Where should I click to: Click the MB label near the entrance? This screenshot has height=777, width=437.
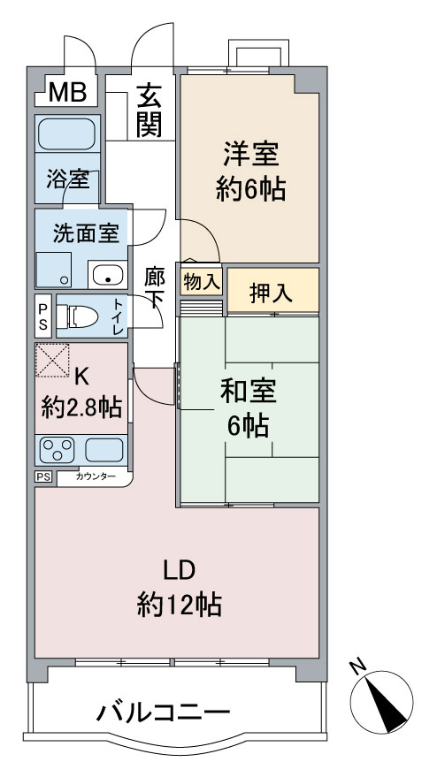tap(67, 92)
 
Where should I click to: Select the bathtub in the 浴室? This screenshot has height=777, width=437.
tap(66, 133)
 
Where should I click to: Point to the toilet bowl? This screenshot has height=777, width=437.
tap(80, 317)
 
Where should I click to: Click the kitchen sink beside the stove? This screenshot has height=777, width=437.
tap(103, 450)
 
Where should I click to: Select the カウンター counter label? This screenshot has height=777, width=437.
tap(96, 477)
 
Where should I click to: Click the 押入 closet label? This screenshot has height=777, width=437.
tap(271, 293)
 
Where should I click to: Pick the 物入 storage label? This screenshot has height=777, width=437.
tap(201, 282)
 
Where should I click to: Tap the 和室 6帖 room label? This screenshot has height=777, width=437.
tap(249, 408)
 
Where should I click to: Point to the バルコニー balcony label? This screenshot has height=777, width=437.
tap(163, 713)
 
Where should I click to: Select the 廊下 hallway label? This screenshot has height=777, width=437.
tap(154, 288)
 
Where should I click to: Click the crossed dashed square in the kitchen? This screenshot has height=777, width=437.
tap(52, 361)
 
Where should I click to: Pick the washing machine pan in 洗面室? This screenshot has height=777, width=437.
tap(54, 269)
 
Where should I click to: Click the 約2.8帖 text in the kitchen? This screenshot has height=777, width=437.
tap(82, 408)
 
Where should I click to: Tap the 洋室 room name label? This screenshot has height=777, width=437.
tap(250, 155)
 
